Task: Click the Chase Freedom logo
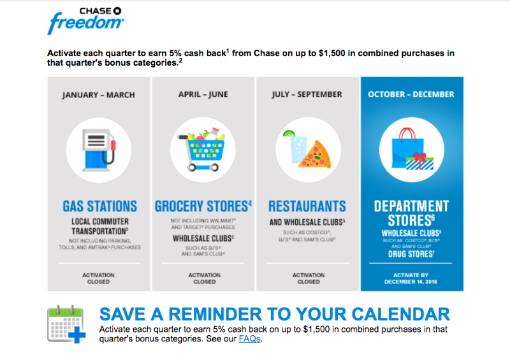pyautogui.click(x=86, y=20)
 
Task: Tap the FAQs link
pyautogui.click(x=249, y=339)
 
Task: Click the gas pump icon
pyautogui.click(x=99, y=150)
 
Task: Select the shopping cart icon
pyautogui.click(x=201, y=149)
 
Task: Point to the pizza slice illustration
pyautogui.click(x=315, y=155)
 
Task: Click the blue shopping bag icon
pyautogui.click(x=408, y=148)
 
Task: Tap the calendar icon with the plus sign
pyautogui.click(x=66, y=324)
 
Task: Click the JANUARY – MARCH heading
pyautogui.click(x=99, y=95)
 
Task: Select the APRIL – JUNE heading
pyautogui.click(x=203, y=94)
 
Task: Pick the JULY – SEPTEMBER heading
pyautogui.click(x=307, y=94)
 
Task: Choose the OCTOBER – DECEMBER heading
pyautogui.click(x=411, y=94)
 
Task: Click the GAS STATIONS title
pyautogui.click(x=100, y=206)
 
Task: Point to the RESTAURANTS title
pyautogui.click(x=307, y=206)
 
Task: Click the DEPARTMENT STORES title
pyautogui.click(x=411, y=213)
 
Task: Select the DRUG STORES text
pyautogui.click(x=411, y=254)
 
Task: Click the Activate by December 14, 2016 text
pyautogui.click(x=411, y=278)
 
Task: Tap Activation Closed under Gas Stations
pyautogui.click(x=98, y=278)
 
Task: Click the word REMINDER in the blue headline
pyautogui.click(x=215, y=314)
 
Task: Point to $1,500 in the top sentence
pyautogui.click(x=331, y=53)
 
